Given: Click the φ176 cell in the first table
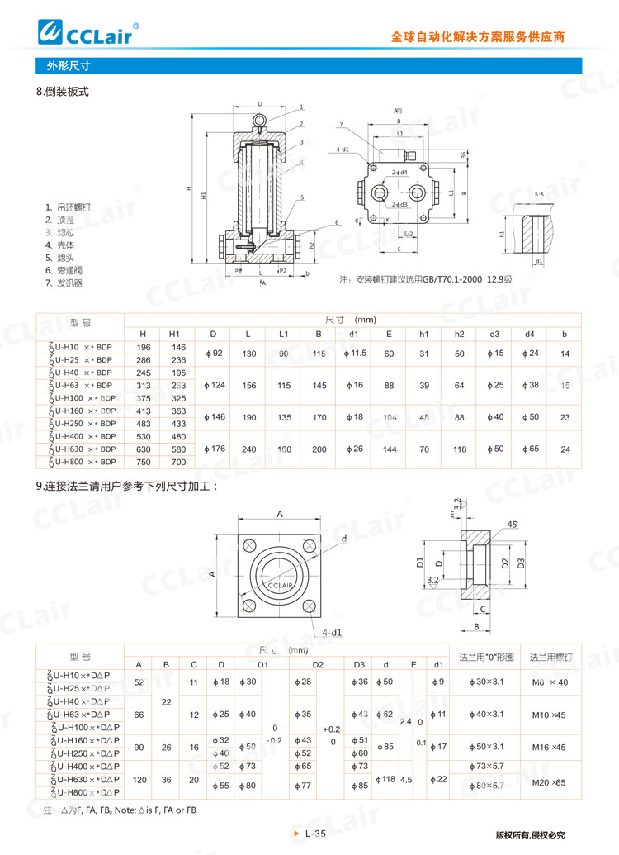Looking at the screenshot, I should [x=213, y=449].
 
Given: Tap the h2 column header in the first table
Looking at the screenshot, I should [x=459, y=333].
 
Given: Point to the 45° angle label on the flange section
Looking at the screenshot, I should [x=511, y=524].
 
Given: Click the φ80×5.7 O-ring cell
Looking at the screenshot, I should [x=486, y=786].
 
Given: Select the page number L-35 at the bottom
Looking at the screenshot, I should [x=315, y=834].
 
